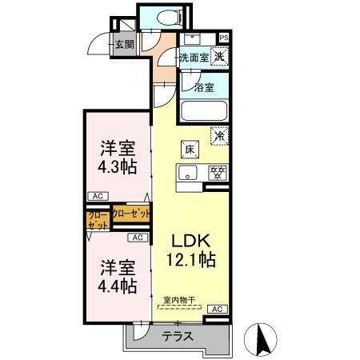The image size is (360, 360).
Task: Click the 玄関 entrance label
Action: click(124, 44)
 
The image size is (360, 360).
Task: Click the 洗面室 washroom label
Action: click(194, 57)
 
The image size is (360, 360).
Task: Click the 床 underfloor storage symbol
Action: click(190, 149)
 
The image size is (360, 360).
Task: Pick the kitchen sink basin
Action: click(189, 172)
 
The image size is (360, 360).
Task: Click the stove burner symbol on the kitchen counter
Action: click(215, 171)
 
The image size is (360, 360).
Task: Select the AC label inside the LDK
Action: click(216, 309)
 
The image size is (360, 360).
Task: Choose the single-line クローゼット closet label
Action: click(130, 214)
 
